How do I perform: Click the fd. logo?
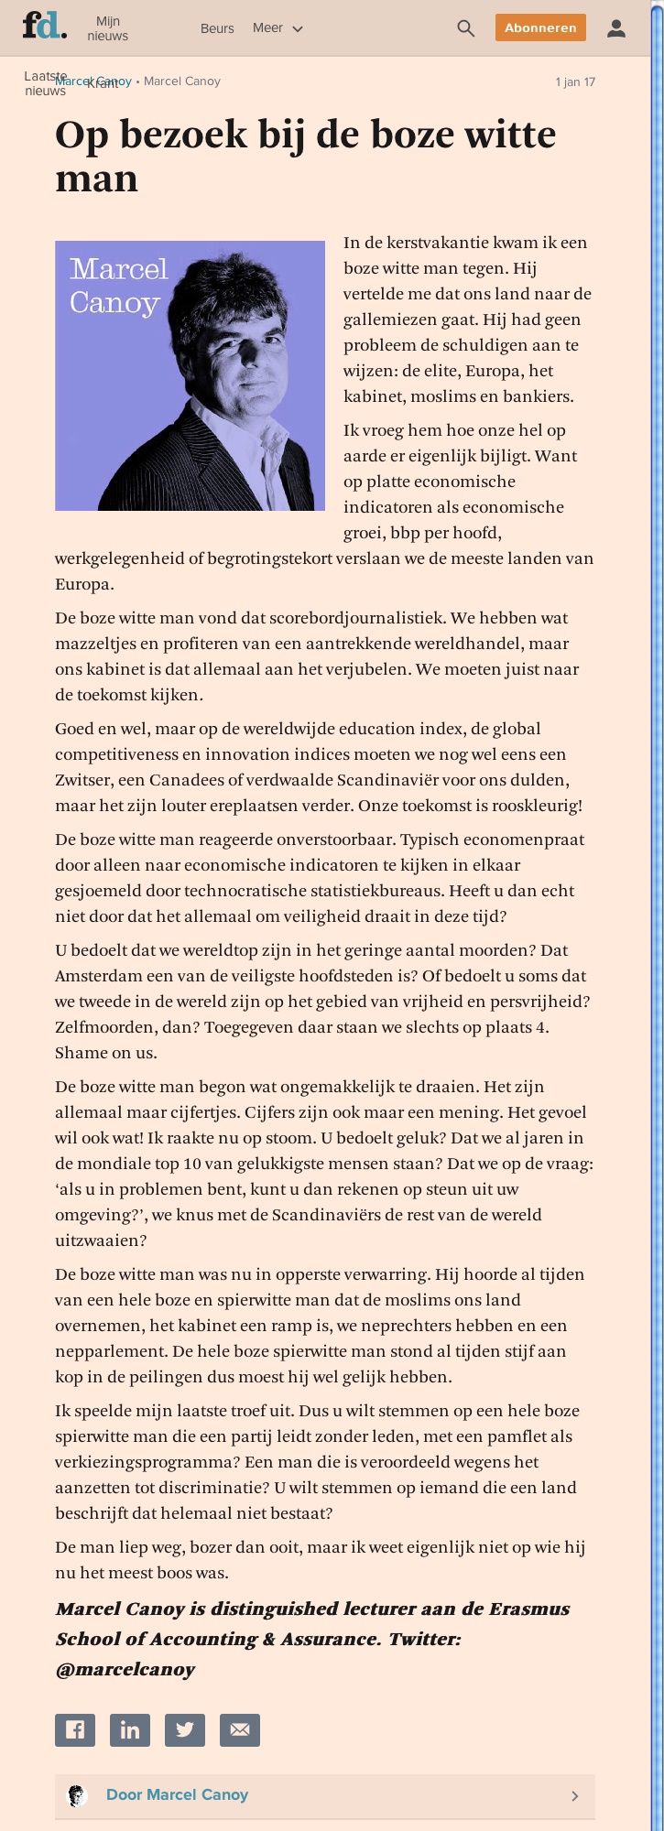44,27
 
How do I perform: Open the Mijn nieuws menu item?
107,28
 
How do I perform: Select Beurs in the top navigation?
217,28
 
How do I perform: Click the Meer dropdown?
278,28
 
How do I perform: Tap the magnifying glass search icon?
465,28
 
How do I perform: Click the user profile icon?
616,28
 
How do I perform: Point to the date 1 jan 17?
575,82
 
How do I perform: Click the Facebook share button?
75,1729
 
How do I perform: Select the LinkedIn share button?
130,1729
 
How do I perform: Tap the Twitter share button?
185,1729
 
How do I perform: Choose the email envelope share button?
240,1729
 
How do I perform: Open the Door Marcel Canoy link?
177,1794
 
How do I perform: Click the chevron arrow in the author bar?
575,1795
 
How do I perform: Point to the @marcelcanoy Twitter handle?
125,1669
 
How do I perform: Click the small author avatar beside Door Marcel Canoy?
77,1795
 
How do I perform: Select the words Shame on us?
106,1053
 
